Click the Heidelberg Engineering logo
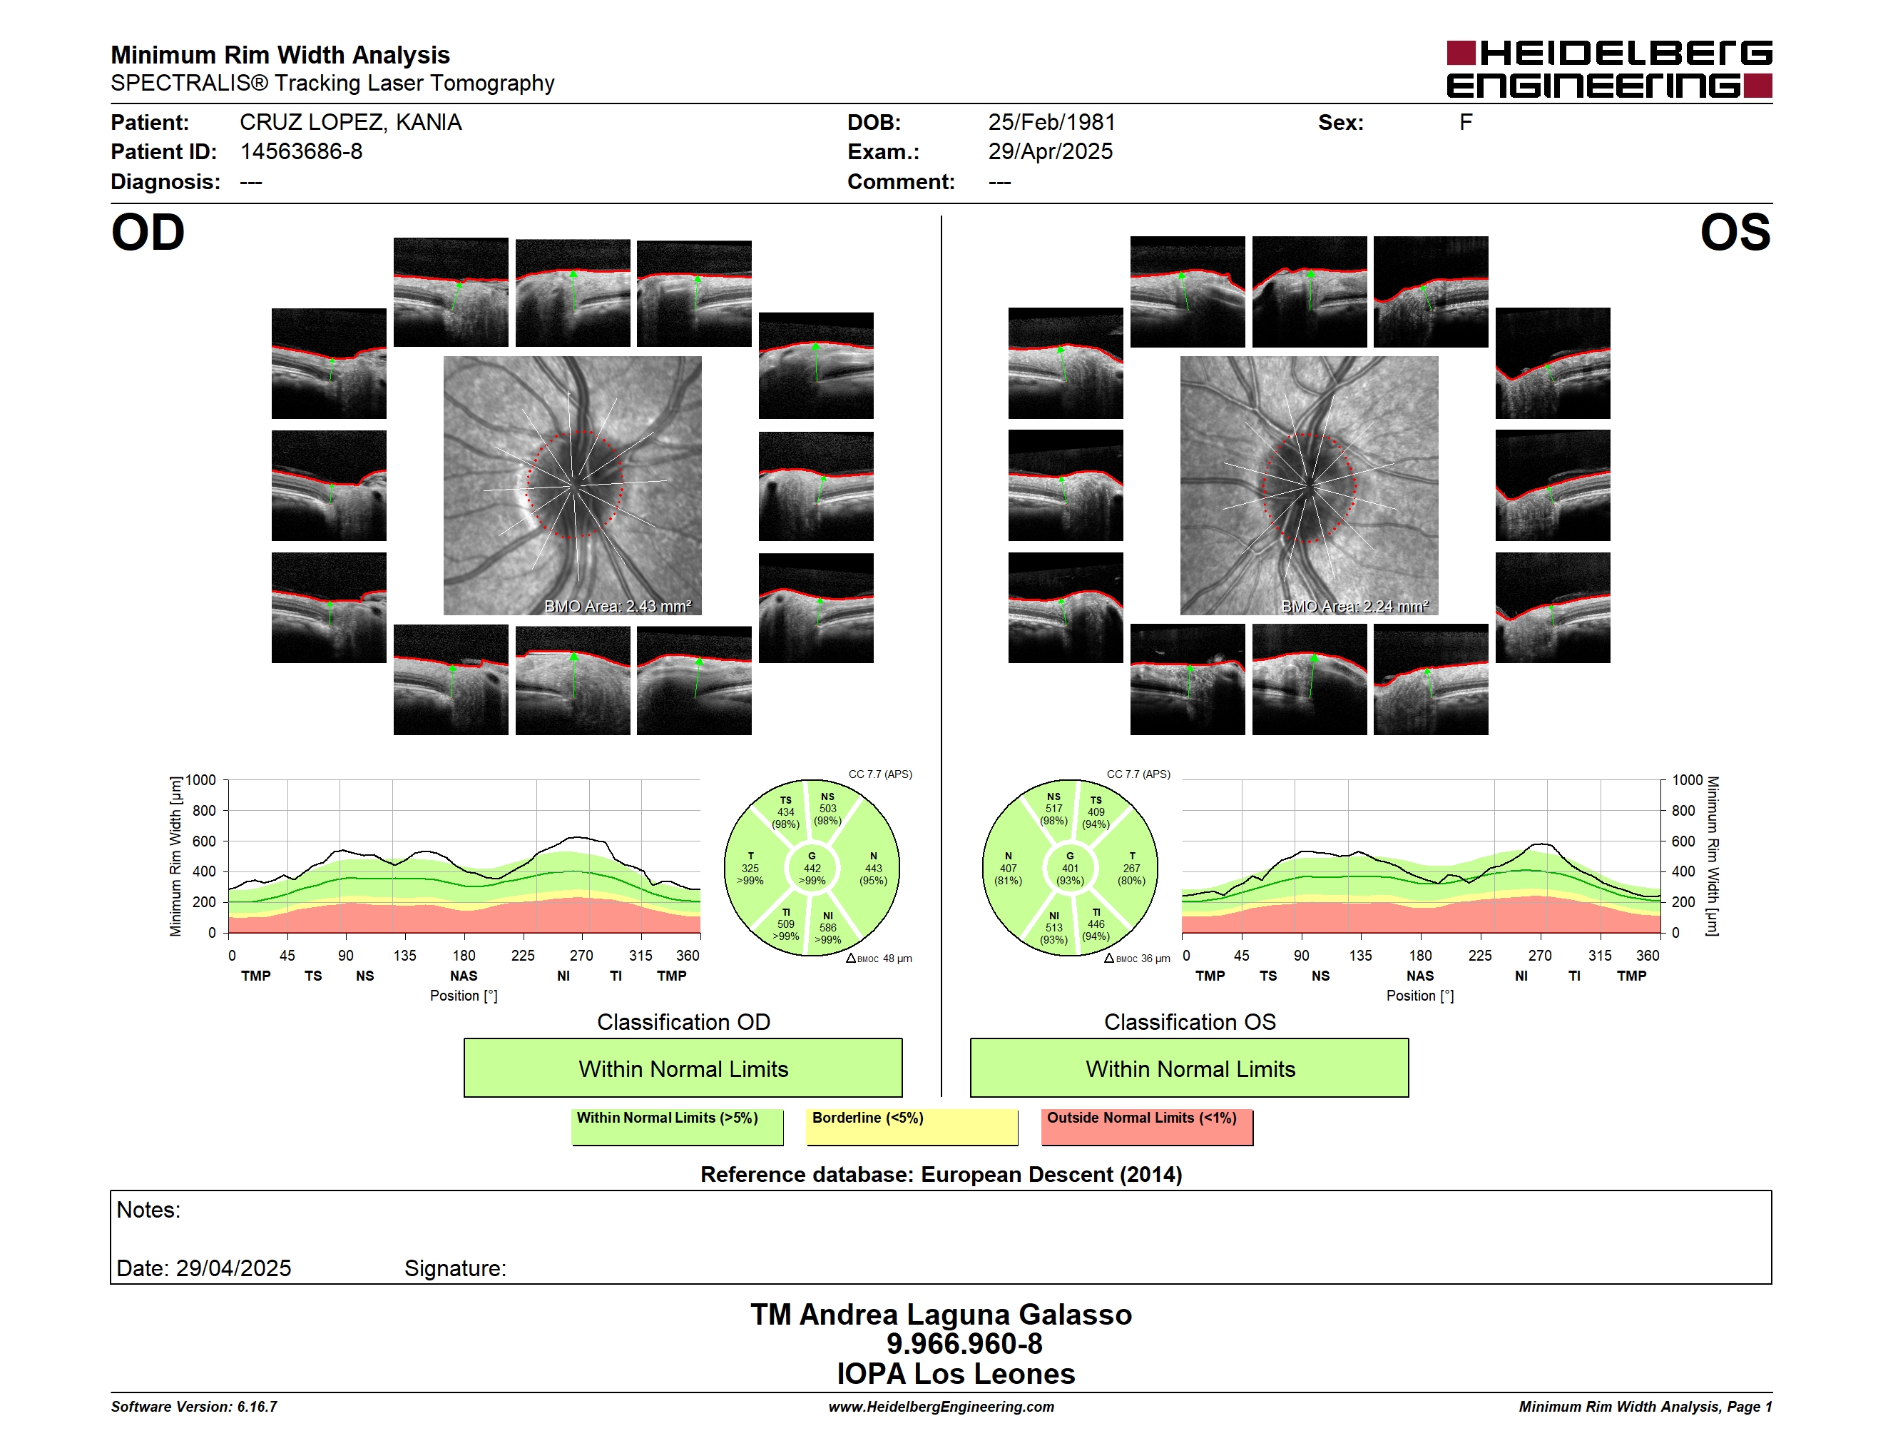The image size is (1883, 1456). click(1609, 69)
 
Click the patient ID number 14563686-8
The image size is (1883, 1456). click(301, 152)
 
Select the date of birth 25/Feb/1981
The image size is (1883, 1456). click(1052, 123)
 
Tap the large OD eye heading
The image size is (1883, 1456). click(148, 233)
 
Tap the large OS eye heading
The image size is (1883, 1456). click(1735, 233)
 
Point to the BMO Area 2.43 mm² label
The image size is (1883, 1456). click(617, 607)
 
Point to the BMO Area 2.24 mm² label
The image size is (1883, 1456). click(1354, 607)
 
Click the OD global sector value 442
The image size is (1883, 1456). click(812, 869)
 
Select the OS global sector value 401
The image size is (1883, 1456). click(1070, 869)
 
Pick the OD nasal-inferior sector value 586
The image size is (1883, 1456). click(827, 928)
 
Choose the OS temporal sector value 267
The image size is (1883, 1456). click(1131, 869)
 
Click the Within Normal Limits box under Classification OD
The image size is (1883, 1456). click(683, 1068)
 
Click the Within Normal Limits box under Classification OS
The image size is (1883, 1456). click(1190, 1068)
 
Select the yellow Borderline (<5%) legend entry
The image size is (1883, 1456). click(912, 1126)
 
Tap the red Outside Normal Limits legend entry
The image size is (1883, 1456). click(1148, 1126)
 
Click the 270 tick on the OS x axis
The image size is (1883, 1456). click(1540, 956)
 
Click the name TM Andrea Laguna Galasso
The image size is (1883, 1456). click(941, 1315)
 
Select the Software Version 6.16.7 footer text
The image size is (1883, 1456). click(194, 1407)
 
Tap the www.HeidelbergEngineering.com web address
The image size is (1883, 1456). click(941, 1407)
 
